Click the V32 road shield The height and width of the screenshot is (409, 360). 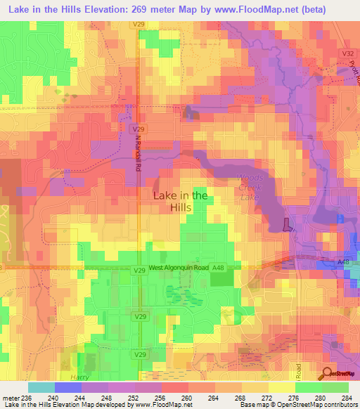346,53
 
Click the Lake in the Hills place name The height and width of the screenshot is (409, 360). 180,202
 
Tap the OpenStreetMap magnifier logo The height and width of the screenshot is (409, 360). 327,374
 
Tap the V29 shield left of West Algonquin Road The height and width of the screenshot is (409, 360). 139,269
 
